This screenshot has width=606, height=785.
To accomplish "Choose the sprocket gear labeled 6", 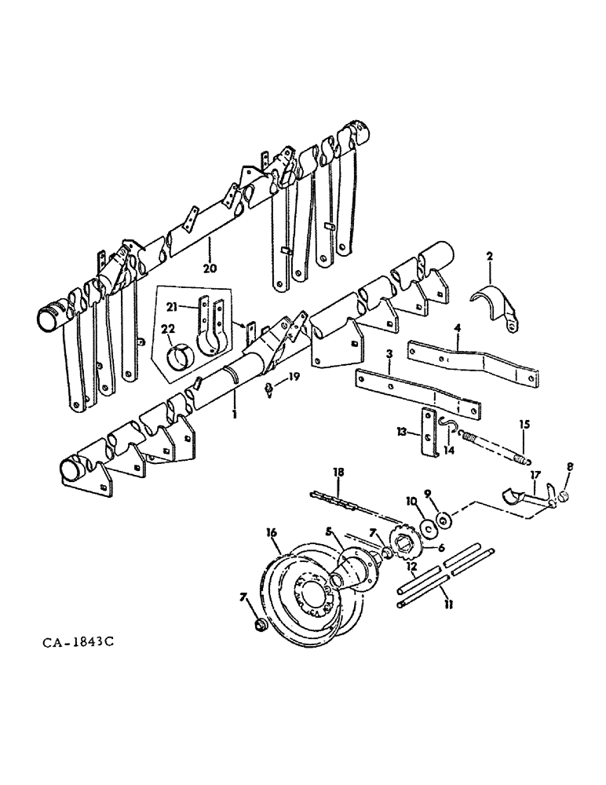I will point(409,541).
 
